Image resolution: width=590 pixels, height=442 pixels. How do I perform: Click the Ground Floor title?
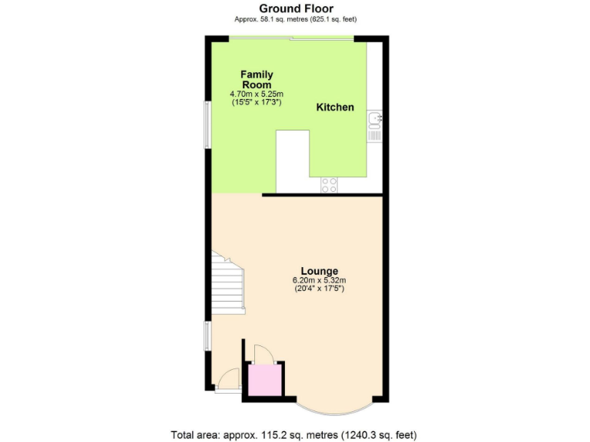[296, 8]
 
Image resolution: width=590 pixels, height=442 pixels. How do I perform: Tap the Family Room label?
[257, 79]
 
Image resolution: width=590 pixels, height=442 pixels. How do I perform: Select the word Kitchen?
[336, 107]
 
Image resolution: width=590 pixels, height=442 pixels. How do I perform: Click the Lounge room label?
[319, 271]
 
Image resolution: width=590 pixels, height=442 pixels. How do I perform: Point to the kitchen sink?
[374, 118]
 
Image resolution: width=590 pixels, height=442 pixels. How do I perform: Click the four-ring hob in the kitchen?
[329, 184]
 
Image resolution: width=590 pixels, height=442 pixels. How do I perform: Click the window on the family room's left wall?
[206, 124]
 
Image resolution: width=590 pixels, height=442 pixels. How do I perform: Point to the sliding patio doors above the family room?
[292, 38]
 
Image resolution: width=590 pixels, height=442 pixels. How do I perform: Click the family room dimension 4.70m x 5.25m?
[257, 94]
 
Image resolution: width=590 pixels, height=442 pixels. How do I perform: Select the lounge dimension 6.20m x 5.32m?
[319, 281]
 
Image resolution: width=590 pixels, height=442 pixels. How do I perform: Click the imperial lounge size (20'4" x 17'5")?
[319, 289]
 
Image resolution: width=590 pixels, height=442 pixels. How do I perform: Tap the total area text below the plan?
[296, 434]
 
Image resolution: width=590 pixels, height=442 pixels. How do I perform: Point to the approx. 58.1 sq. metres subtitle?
[296, 18]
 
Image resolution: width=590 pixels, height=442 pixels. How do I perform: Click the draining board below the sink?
[374, 134]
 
